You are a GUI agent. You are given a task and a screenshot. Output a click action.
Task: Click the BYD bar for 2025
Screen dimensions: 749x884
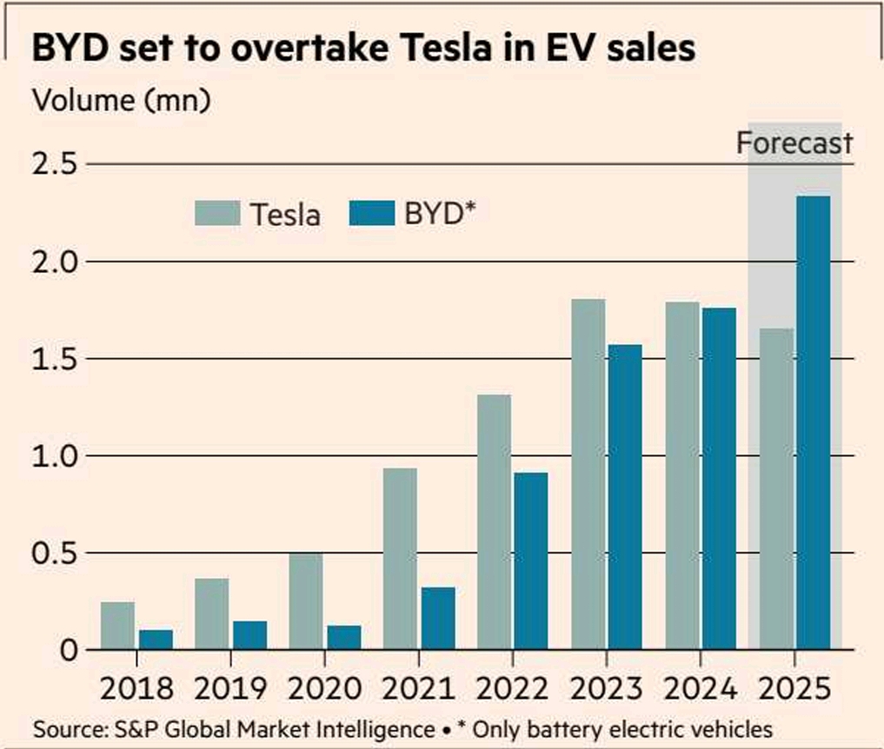(813, 423)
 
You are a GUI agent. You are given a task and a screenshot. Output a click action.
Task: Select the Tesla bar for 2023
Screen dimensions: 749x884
(588, 474)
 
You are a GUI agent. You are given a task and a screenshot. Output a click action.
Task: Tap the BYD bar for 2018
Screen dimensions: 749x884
(156, 640)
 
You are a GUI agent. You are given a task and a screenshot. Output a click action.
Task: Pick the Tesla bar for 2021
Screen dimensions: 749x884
(400, 559)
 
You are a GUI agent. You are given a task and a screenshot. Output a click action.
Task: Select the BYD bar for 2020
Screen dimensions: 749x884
(343, 638)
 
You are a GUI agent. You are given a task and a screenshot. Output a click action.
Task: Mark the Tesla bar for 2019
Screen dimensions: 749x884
(211, 613)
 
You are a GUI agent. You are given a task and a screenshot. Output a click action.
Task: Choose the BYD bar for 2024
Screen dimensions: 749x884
(720, 479)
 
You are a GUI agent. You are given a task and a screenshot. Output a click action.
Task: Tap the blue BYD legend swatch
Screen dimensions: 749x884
(372, 214)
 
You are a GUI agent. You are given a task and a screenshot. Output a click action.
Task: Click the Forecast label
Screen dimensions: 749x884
(794, 143)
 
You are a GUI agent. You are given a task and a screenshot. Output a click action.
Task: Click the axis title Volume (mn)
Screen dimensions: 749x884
(121, 100)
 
